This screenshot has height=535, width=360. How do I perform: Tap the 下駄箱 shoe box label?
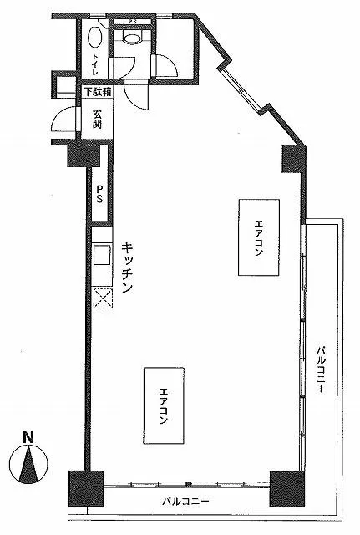point(98,92)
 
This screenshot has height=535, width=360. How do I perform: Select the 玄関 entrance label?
point(97,119)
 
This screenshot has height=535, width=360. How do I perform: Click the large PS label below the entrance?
point(99,195)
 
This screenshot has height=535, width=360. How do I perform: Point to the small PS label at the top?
point(132,22)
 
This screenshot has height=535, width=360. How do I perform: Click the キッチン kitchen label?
point(127,267)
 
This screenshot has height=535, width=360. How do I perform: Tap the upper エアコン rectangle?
point(259,237)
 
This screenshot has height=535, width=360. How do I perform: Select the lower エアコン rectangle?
point(164,405)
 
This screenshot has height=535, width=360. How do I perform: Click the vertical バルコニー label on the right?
point(321,369)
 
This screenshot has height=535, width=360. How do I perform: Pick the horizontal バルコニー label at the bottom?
point(185,502)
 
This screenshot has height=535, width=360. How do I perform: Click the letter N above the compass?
point(28,437)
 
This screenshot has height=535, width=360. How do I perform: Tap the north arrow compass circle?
point(28,464)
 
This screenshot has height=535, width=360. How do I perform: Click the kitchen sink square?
point(102,254)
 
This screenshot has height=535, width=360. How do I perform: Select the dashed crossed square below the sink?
point(103,298)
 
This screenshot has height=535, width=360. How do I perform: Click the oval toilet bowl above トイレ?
point(94,37)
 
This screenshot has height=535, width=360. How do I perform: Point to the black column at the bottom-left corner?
point(85,488)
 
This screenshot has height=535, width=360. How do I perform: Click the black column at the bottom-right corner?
point(286,489)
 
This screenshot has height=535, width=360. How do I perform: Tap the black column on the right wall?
point(292,159)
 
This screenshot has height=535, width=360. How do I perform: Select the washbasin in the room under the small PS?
point(132,37)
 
